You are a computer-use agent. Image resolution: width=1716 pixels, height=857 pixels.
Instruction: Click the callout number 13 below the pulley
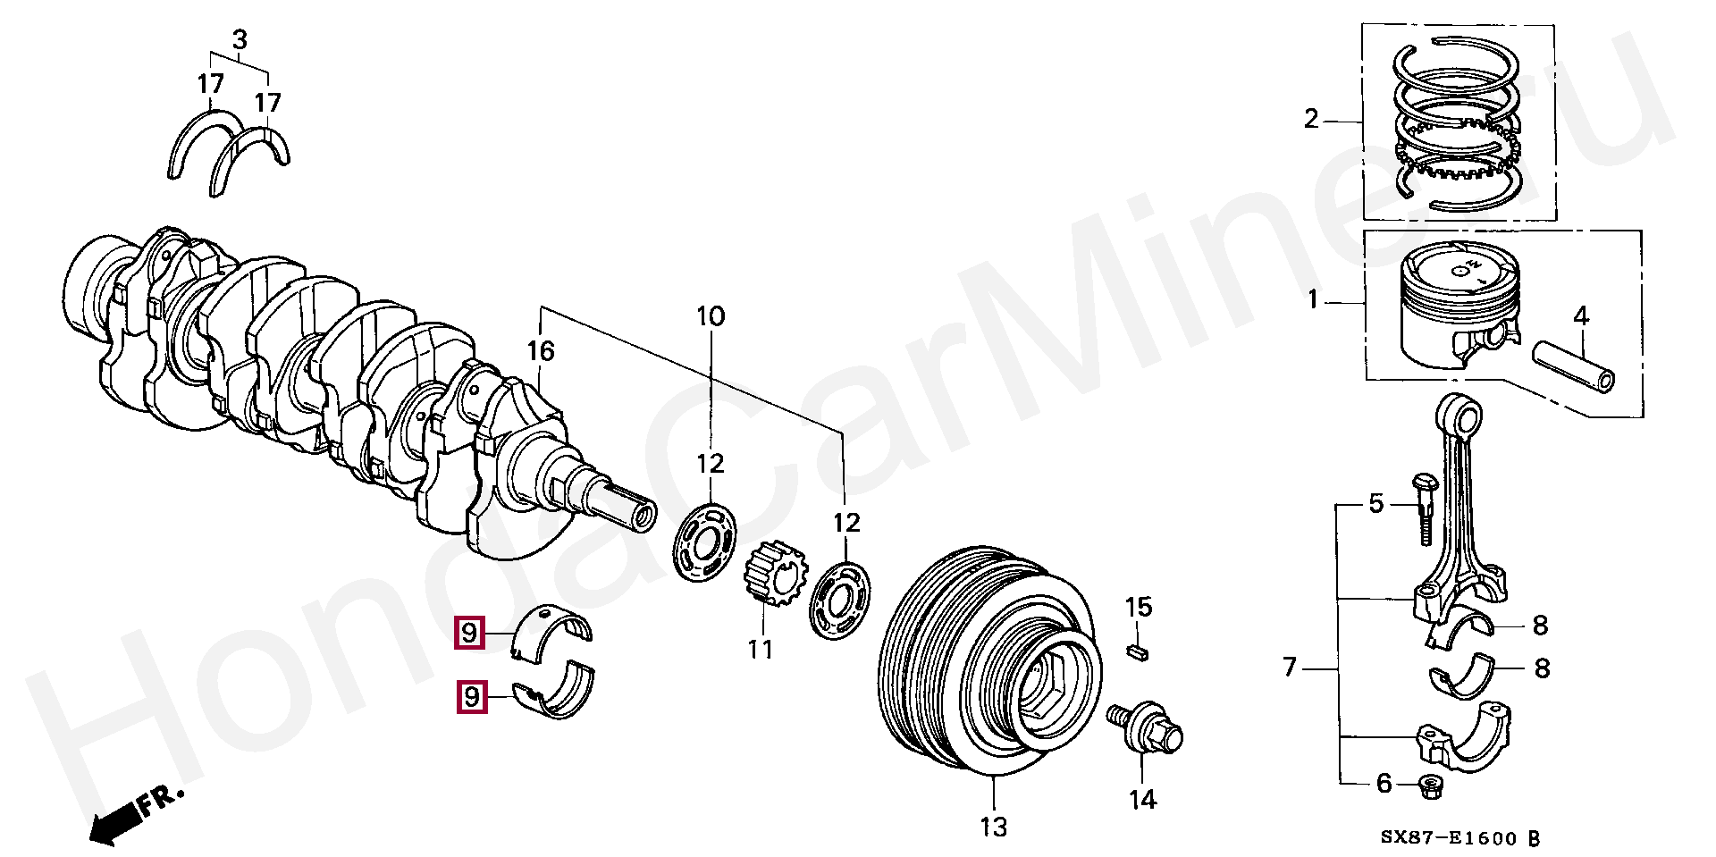(993, 827)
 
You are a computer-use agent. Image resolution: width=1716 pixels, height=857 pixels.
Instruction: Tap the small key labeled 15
(1137, 651)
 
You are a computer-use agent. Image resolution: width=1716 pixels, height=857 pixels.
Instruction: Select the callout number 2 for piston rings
(1310, 119)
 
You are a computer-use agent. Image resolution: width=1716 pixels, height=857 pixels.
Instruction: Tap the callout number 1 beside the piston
(1312, 299)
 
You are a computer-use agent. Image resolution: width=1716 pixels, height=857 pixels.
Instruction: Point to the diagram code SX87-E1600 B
(1459, 838)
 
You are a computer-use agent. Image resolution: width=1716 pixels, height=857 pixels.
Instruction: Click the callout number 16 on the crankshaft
(541, 351)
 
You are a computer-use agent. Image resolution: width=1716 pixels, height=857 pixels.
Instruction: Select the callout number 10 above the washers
(711, 316)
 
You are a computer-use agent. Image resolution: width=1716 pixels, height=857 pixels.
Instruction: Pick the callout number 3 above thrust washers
(240, 40)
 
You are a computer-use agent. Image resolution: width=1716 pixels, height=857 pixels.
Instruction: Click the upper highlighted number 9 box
(469, 633)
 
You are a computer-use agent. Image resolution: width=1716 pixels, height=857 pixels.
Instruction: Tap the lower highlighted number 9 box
(471, 696)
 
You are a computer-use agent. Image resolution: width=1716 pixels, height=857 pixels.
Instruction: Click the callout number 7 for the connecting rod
(1289, 667)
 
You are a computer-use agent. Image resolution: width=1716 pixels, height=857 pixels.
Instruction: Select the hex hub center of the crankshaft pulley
(1046, 688)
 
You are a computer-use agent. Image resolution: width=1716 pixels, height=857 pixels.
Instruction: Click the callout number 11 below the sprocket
(760, 648)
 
